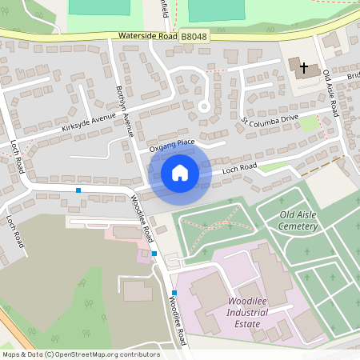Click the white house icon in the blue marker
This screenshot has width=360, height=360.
click(180, 172)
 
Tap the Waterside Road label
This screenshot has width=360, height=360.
click(146, 36)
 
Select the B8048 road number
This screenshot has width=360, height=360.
click(193, 37)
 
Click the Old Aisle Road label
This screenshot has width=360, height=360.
click(331, 94)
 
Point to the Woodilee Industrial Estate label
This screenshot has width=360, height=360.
click(252, 306)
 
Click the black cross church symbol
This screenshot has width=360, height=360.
click(304, 68)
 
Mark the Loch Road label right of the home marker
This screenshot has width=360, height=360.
click(238, 167)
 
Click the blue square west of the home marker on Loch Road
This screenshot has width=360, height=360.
click(78, 190)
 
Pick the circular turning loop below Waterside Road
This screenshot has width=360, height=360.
click(204, 106)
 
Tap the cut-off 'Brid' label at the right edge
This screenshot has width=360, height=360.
click(353, 77)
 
